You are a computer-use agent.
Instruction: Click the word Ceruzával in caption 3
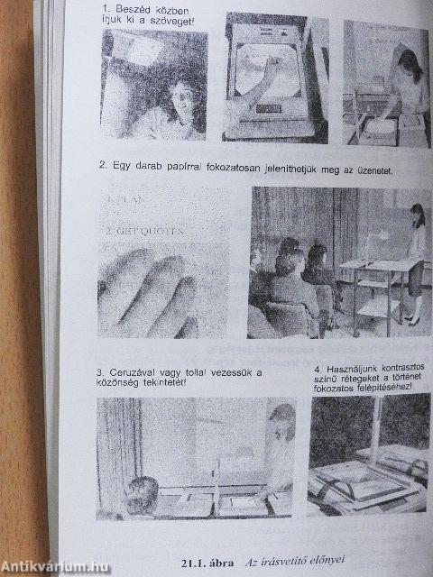pyautogui.click(x=139, y=371)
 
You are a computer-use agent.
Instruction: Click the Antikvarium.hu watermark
pyautogui.click(x=56, y=565)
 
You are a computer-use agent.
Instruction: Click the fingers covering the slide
pyautogui.click(x=149, y=293)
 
